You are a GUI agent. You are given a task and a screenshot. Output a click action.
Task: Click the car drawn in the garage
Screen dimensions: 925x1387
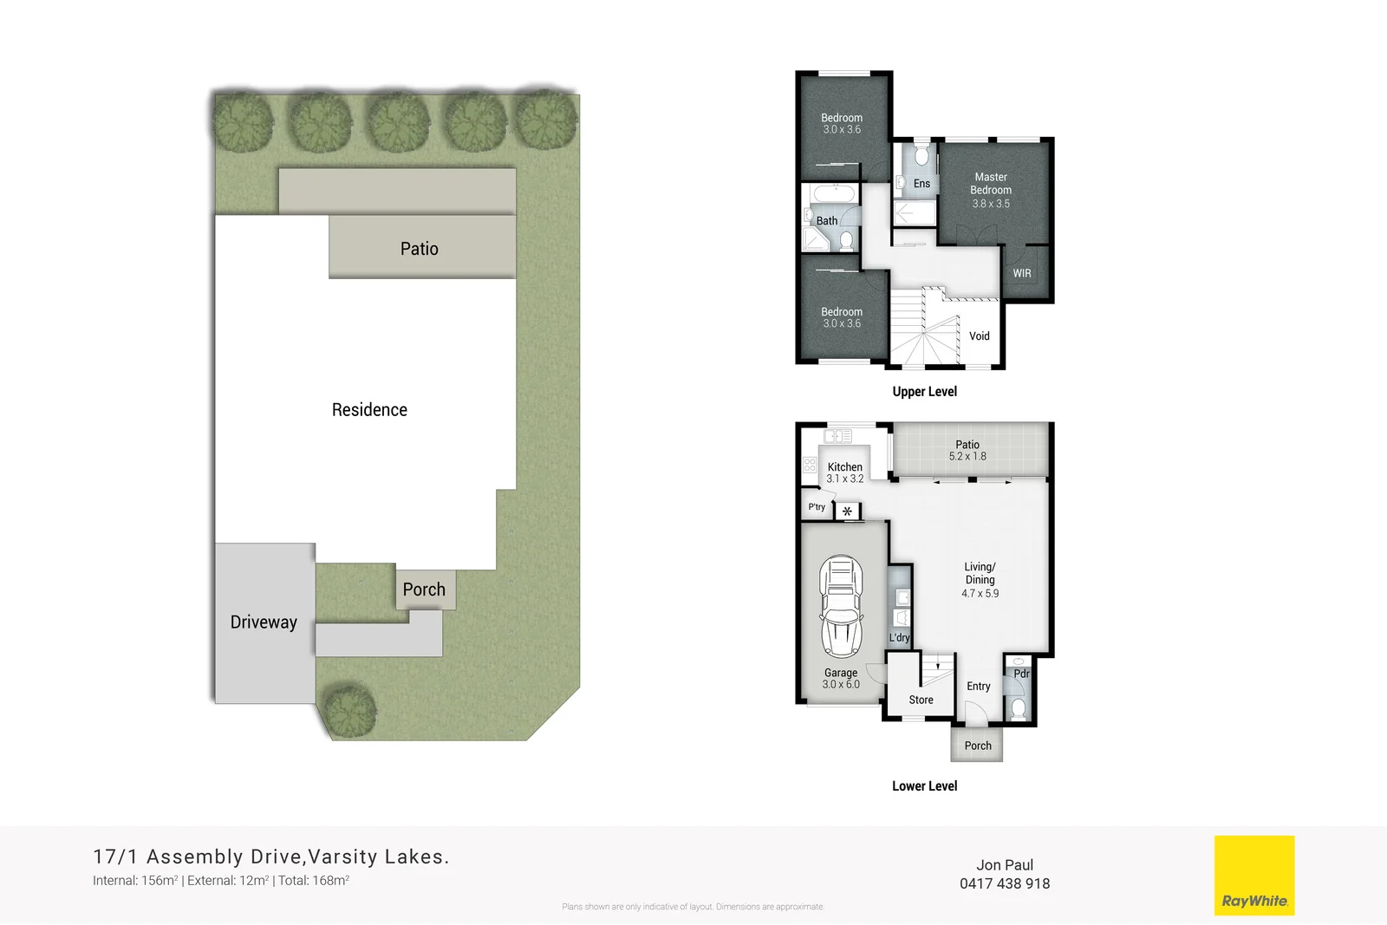[841, 606]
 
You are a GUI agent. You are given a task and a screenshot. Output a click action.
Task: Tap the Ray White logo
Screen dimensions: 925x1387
[1254, 875]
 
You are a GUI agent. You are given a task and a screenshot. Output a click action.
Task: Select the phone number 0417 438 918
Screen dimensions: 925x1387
[1004, 883]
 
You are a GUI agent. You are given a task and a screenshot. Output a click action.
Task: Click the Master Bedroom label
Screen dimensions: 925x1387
[991, 183]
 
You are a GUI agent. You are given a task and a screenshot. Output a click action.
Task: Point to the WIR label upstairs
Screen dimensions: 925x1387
[1022, 273]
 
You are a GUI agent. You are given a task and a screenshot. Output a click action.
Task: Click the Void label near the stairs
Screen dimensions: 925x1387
[980, 336]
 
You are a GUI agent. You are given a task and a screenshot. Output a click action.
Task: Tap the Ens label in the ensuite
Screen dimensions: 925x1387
[921, 184]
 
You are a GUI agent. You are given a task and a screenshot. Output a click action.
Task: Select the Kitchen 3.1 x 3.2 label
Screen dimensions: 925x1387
[844, 472]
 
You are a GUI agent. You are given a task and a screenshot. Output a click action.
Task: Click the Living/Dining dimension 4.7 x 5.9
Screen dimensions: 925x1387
[980, 594]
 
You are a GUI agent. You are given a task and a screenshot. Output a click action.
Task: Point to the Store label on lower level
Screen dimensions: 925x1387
[921, 700]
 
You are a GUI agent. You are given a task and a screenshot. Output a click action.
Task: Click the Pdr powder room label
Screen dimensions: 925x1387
[1021, 674]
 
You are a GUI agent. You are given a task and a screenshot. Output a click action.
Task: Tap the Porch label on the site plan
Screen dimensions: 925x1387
[424, 590]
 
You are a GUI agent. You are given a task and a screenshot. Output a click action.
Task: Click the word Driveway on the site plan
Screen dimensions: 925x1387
[264, 622]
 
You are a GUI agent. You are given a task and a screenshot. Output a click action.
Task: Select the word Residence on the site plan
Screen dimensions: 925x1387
[369, 410]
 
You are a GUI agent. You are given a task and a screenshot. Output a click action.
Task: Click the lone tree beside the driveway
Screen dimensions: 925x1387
[349, 710]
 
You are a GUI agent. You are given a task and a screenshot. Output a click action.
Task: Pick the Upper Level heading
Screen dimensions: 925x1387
[924, 392]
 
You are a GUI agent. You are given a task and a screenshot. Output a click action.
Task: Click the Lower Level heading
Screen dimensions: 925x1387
[924, 786]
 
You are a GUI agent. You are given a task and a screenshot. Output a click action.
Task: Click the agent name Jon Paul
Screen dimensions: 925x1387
[1004, 864]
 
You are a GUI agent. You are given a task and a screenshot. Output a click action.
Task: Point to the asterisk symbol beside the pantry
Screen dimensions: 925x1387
[847, 511]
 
